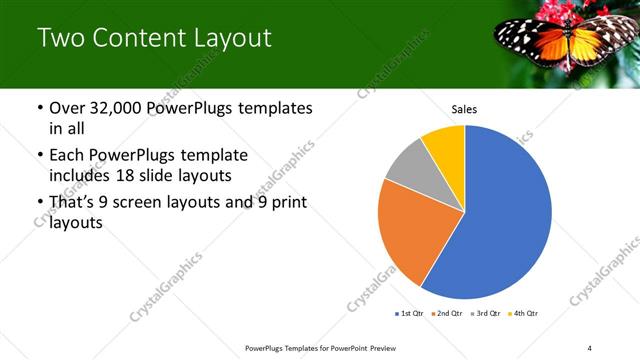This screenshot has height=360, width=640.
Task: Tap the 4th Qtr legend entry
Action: click(523, 313)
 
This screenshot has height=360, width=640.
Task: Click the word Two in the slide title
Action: click(61, 39)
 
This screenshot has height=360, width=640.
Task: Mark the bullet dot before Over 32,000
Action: click(39, 108)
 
